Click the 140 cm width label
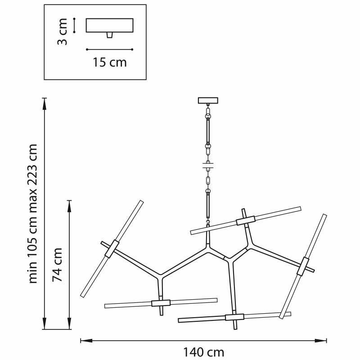(x=203, y=352)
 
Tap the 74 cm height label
(x=57, y=265)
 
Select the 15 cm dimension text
(x=109, y=62)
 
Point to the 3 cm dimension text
(x=62, y=31)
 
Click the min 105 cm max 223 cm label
(x=32, y=214)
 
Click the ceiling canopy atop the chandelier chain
(x=208, y=100)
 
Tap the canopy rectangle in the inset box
(x=109, y=25)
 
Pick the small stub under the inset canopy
(x=110, y=35)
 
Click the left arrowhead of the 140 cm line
(x=86, y=341)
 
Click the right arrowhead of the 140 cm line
(x=321, y=341)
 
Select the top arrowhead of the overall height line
(x=45, y=104)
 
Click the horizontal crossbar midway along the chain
(x=208, y=166)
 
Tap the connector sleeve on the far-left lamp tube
(x=112, y=249)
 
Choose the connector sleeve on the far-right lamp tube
(x=303, y=266)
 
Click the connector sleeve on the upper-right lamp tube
(x=246, y=220)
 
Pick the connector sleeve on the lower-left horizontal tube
(x=161, y=303)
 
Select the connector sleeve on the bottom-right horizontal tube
(x=234, y=317)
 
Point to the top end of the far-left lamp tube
(x=142, y=201)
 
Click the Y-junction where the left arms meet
(x=160, y=276)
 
